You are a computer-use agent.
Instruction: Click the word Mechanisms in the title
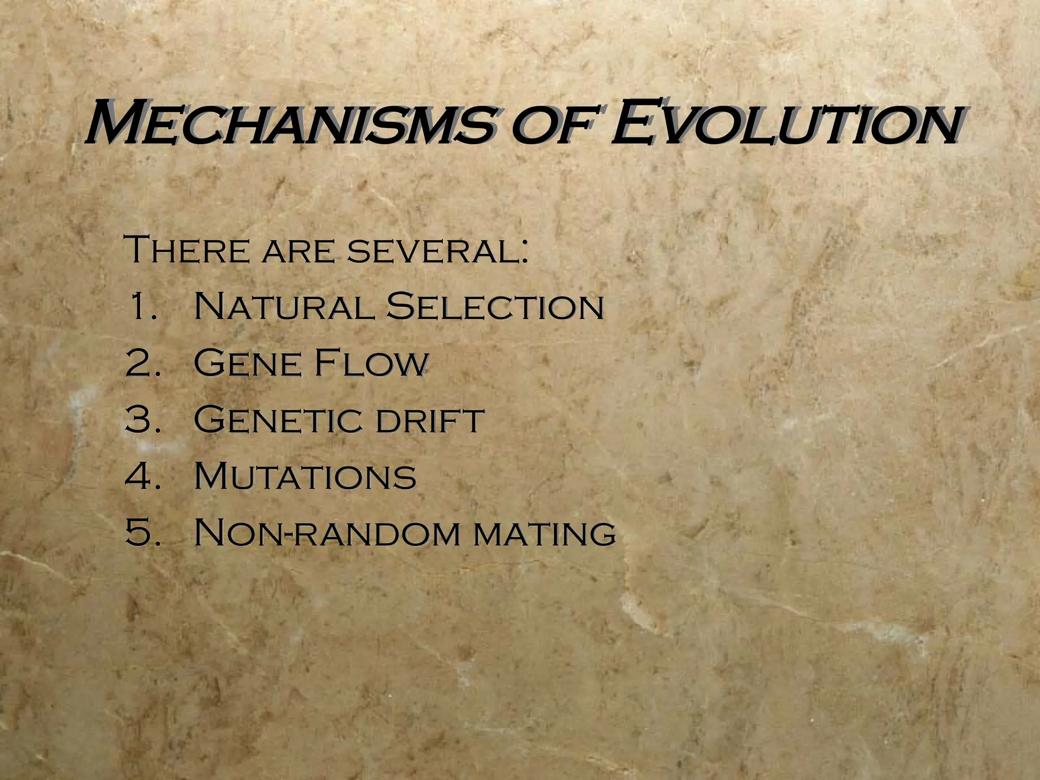click(289, 123)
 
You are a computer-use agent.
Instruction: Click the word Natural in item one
click(283, 306)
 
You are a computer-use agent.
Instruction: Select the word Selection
click(495, 306)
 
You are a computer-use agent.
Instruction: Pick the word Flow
click(371, 363)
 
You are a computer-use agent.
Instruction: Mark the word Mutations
click(305, 476)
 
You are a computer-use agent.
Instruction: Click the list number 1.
click(142, 306)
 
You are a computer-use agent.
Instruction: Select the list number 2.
click(142, 363)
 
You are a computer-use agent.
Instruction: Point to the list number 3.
click(142, 419)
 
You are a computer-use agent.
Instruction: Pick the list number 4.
click(142, 476)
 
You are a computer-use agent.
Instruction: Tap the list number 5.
click(142, 533)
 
